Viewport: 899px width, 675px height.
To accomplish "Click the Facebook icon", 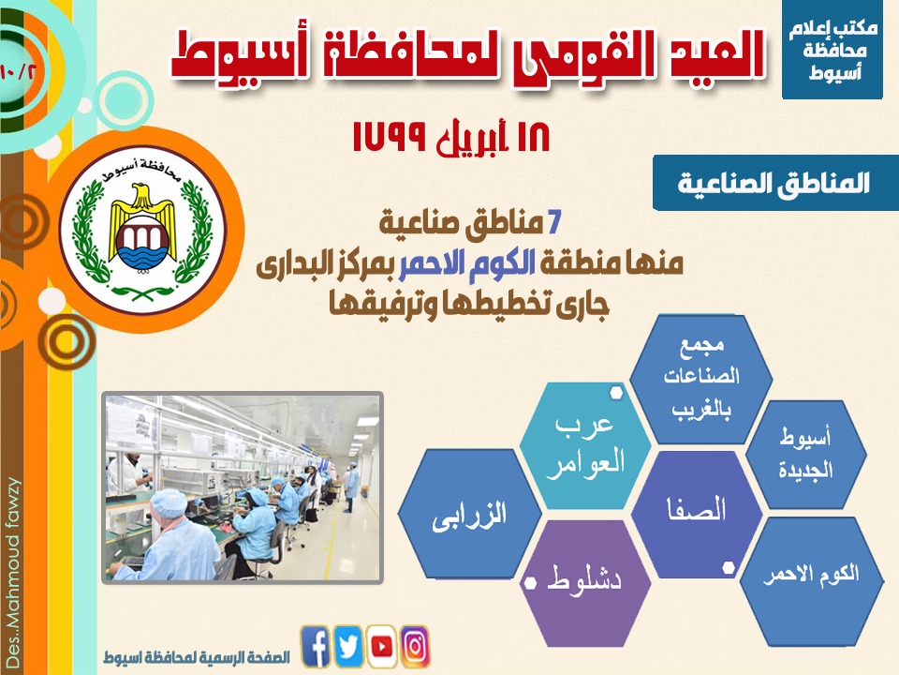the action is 316,646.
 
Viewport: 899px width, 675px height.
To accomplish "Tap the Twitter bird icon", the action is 348,646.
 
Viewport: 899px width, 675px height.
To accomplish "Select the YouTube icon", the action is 382,646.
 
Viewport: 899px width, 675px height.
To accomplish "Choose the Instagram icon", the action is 415,646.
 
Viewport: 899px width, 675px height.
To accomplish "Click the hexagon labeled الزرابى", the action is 469,514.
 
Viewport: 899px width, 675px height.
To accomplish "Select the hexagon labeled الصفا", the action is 697,514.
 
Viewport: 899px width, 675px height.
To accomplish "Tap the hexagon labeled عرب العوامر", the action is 585,445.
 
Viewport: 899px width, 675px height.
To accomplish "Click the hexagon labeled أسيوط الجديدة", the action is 806,455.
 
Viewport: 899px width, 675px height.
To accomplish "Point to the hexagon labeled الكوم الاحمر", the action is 811,581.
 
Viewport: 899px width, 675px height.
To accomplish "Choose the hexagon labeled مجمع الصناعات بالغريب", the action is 700,379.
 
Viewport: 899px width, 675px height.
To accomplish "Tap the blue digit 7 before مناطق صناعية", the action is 553,224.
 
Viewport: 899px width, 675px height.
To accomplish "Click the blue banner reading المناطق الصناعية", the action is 775,183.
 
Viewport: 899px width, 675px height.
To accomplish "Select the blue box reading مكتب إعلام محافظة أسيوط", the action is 832,50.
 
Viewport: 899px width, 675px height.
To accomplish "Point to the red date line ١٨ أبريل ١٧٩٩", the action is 451,138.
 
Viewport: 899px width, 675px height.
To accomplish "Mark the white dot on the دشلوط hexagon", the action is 530,583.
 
